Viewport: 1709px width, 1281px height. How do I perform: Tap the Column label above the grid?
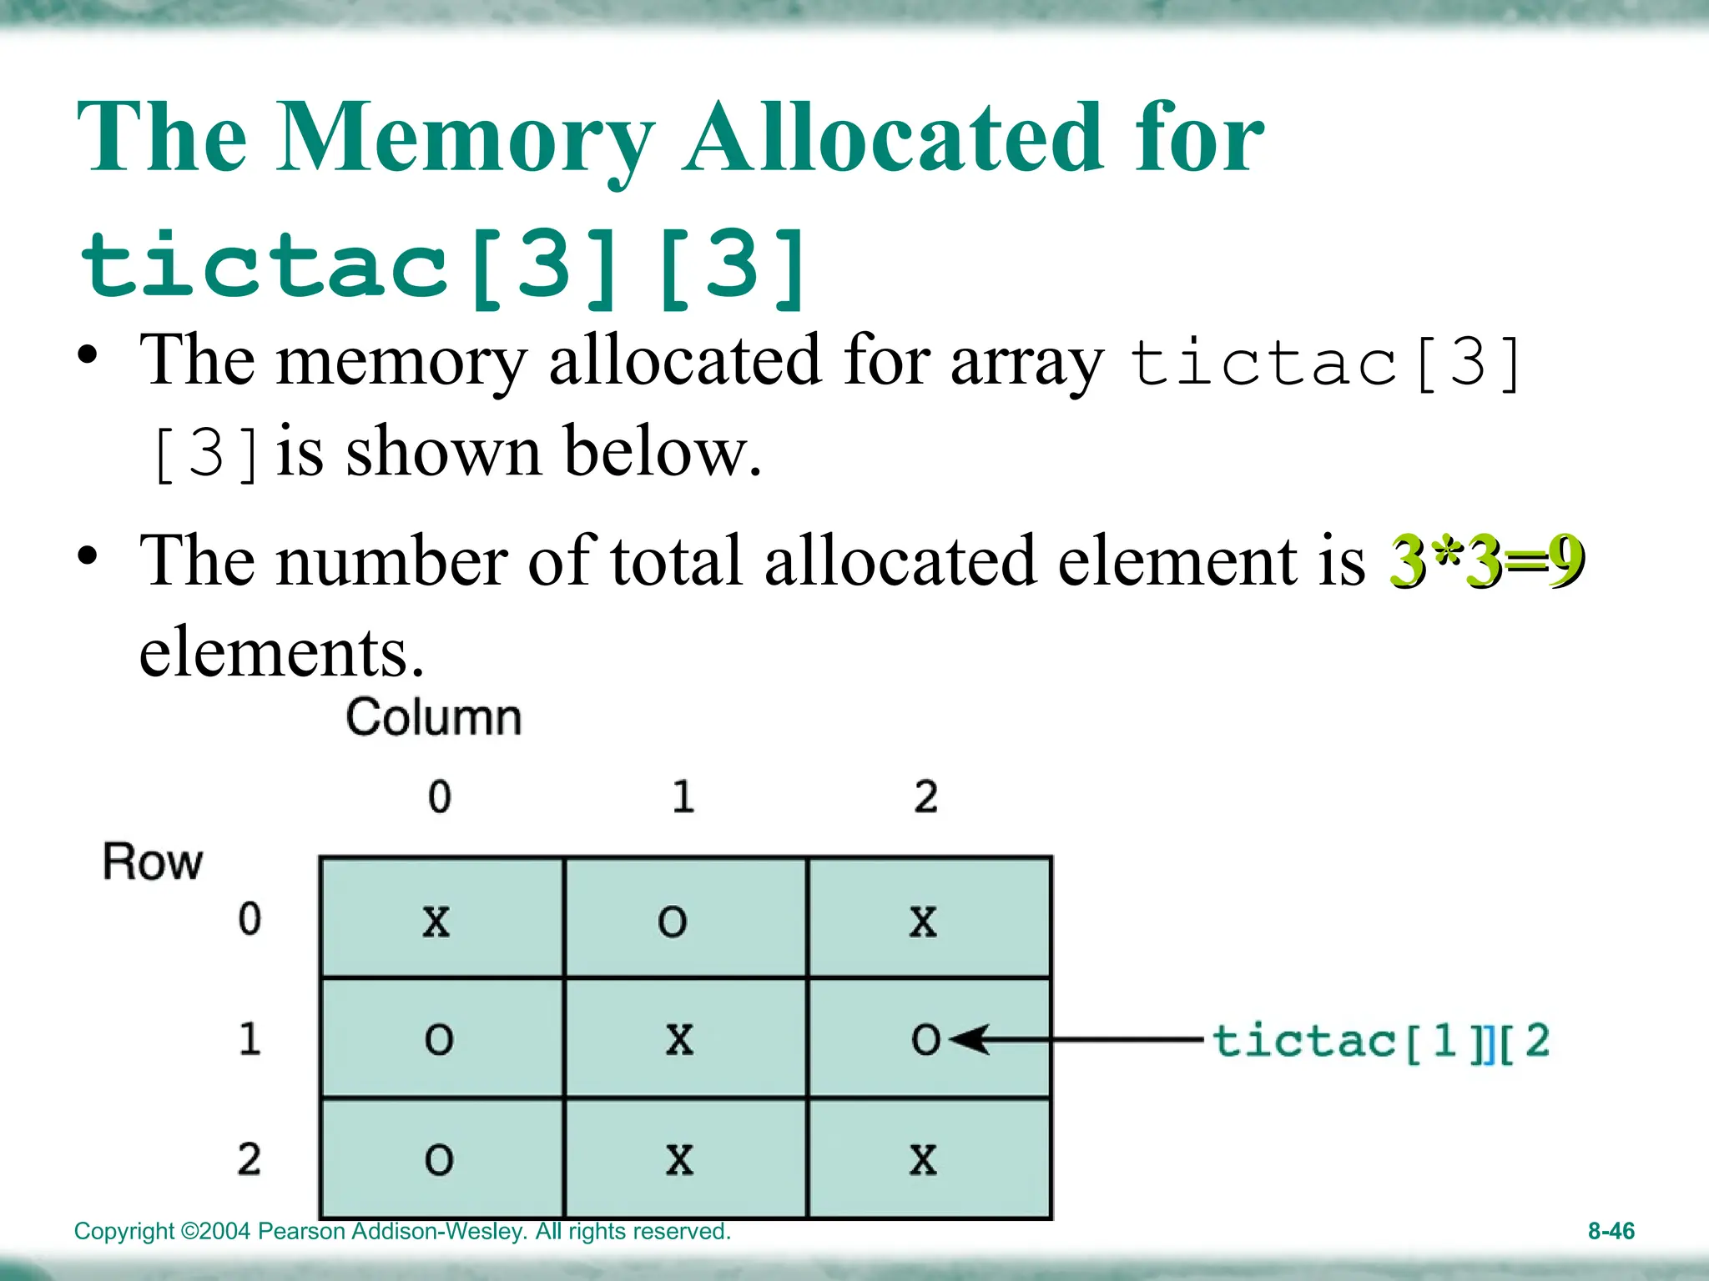[434, 717]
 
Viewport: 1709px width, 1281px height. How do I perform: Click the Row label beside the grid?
[152, 862]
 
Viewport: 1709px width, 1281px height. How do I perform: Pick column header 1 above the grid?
[683, 796]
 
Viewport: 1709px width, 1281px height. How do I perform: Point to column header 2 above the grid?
[925, 796]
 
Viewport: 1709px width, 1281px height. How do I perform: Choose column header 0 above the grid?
[440, 796]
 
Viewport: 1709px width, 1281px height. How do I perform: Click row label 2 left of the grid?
[249, 1159]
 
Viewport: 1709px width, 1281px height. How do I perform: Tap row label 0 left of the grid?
[250, 919]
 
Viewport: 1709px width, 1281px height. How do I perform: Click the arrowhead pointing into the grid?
[968, 1039]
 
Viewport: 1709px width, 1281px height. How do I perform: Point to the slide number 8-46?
[1611, 1231]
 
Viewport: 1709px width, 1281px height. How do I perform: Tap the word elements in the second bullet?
[282, 652]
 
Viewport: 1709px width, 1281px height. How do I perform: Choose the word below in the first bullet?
[663, 451]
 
